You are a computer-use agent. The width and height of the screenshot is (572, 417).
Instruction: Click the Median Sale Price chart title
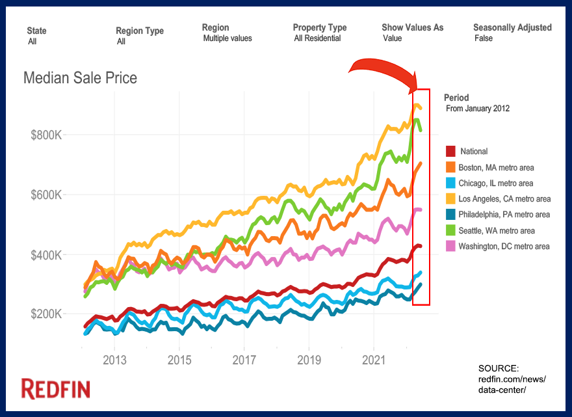tap(80, 79)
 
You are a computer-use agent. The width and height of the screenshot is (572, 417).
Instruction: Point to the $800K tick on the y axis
tap(45, 135)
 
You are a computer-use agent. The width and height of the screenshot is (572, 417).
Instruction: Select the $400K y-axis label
tap(45, 255)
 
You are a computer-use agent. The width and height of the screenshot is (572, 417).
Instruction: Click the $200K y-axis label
tap(45, 314)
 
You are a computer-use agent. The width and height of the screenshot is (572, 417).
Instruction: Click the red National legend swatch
tap(450, 152)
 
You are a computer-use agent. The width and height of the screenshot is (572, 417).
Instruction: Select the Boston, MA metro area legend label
tap(496, 168)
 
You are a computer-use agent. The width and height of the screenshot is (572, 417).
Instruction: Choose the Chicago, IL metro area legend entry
tap(495, 183)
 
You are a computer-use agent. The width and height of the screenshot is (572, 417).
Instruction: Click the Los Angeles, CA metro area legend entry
tap(504, 199)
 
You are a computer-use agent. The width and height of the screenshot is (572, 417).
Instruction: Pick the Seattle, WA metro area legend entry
tap(497, 230)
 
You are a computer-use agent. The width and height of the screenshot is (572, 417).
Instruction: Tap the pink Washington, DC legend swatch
tap(450, 246)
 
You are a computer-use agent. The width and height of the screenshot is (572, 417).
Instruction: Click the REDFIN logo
tap(56, 389)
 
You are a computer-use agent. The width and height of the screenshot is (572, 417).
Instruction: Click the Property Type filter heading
tap(319, 27)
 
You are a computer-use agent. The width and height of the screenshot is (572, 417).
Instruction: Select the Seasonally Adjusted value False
tap(484, 38)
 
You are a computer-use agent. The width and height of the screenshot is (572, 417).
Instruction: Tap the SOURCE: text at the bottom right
tap(499, 368)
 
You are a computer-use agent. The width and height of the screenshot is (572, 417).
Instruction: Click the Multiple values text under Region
tap(227, 38)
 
